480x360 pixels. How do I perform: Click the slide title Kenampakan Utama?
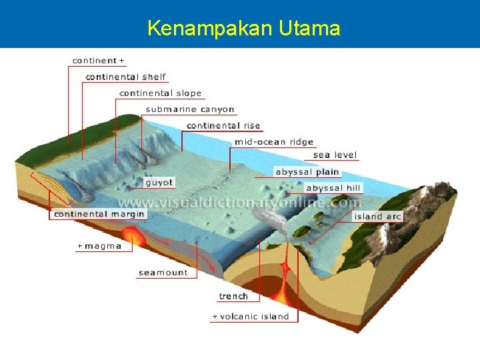243,29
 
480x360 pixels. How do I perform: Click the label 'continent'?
95,61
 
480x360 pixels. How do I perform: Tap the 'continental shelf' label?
126,77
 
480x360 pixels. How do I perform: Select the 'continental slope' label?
160,93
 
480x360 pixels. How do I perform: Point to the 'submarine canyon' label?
190,109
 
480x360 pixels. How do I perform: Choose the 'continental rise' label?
223,125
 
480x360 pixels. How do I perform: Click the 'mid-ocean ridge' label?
273,142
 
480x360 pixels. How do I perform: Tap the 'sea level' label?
335,155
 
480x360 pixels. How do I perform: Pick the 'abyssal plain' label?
307,172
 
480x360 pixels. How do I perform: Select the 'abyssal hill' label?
333,189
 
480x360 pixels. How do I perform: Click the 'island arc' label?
378,217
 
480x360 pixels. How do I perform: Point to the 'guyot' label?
159,182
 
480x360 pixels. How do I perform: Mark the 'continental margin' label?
99,214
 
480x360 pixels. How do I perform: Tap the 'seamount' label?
163,273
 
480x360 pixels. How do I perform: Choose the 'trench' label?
233,297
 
